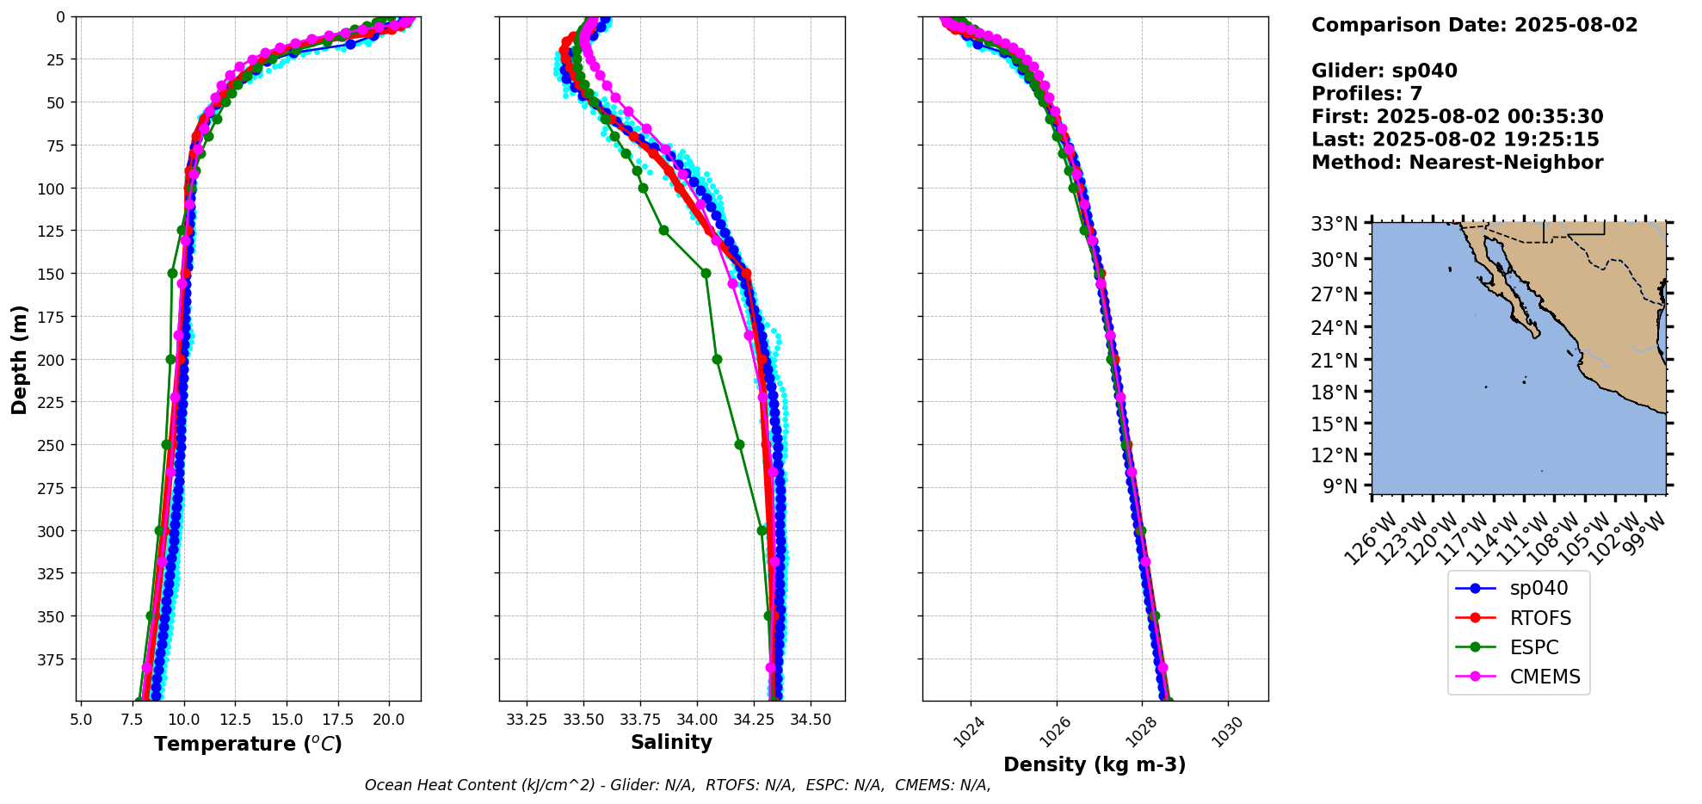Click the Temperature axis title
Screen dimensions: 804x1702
click(x=248, y=744)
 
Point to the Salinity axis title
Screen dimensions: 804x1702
click(x=671, y=743)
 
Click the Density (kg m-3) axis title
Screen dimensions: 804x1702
click(x=1095, y=764)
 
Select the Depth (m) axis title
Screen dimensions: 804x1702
click(x=19, y=359)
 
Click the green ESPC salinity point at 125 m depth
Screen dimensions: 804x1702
click(x=663, y=231)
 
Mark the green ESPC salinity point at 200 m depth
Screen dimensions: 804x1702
click(x=717, y=359)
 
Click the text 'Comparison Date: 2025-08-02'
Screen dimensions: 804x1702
click(x=1474, y=25)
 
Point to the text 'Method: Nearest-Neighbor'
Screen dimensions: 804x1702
click(x=1457, y=163)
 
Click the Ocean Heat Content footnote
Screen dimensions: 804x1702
click(x=677, y=785)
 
